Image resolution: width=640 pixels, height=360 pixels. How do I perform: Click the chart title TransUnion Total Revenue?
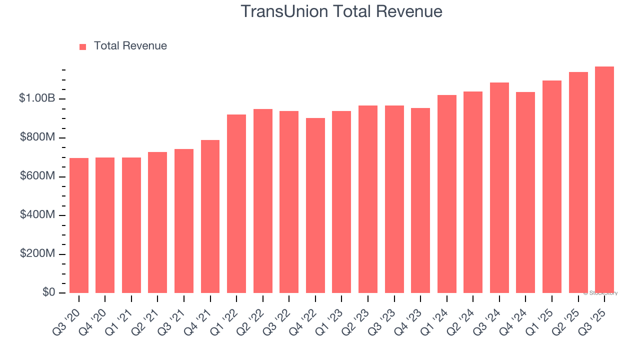click(x=341, y=11)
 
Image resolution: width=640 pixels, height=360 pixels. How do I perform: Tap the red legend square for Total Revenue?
click(x=83, y=46)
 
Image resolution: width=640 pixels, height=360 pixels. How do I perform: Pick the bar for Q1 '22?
click(x=236, y=203)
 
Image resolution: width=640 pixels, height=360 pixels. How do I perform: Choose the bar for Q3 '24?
click(x=499, y=187)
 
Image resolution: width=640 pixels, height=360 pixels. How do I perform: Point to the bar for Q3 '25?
click(x=604, y=179)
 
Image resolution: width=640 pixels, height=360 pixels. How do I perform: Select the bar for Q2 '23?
click(x=368, y=199)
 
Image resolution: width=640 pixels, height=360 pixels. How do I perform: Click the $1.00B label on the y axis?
click(x=37, y=98)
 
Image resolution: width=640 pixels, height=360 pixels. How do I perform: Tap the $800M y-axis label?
click(x=38, y=137)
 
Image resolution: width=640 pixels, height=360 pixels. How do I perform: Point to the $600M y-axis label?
click(x=38, y=176)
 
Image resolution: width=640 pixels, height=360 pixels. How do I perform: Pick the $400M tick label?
click(x=38, y=215)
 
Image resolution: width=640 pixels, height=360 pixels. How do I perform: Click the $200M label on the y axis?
click(x=38, y=254)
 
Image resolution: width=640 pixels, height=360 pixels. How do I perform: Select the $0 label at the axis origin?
click(x=48, y=292)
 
